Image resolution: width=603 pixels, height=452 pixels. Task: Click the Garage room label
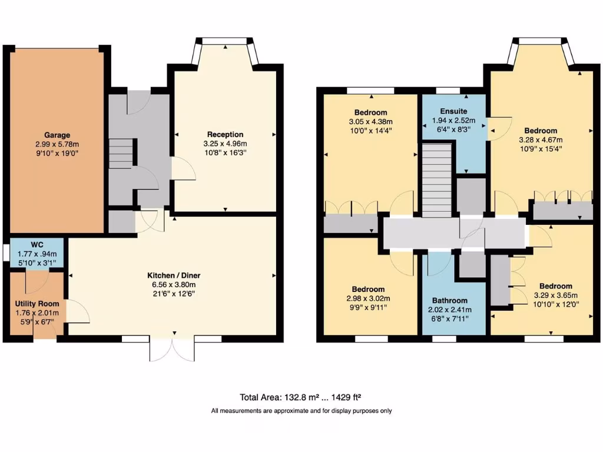57,135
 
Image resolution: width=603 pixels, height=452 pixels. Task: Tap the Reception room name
225,135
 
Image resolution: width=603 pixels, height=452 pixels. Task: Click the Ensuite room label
453,111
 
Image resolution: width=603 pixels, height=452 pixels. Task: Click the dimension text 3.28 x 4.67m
541,140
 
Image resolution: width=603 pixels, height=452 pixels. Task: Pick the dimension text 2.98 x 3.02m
369,298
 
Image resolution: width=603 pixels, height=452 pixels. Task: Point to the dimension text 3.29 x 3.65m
555,295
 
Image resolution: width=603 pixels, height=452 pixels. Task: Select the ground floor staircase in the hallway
121,154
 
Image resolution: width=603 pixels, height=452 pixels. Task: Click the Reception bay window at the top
225,42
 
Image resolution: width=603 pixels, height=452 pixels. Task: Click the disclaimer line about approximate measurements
301,411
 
